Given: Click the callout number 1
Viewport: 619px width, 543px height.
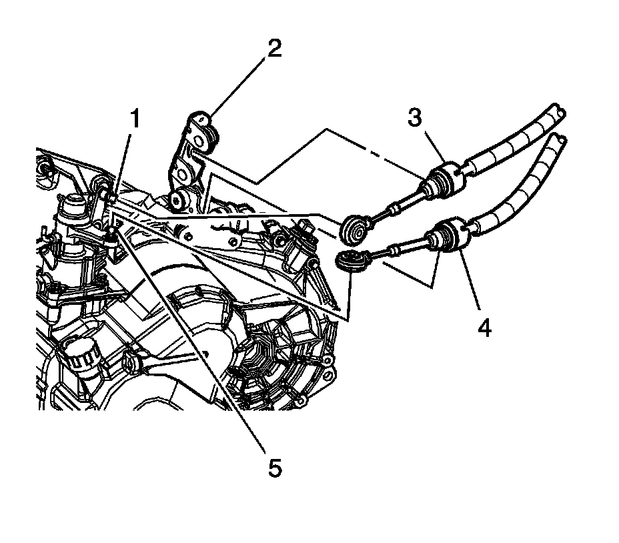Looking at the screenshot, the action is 135,121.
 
